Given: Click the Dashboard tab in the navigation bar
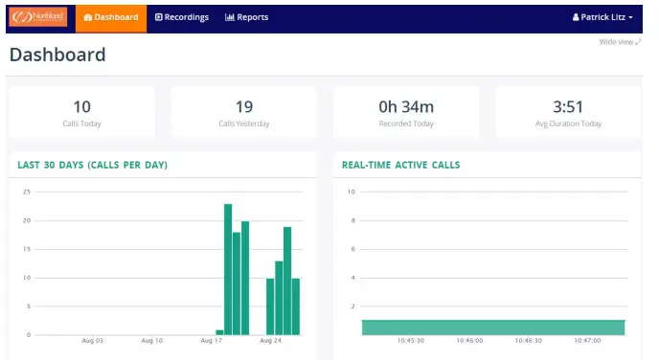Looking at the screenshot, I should click(110, 17).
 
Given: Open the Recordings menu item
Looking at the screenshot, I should click(182, 17).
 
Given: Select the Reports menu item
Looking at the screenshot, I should click(246, 17).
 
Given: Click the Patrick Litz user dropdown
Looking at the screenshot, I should click(602, 17).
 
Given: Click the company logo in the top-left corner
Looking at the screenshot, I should click(39, 17).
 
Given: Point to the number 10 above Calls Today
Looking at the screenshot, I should click(81, 106).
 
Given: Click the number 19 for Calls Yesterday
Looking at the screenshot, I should click(244, 106).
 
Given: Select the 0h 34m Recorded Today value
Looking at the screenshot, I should click(406, 106).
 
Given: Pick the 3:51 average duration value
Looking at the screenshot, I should click(568, 106).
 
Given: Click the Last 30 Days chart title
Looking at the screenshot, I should click(92, 165).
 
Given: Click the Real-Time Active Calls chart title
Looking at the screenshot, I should click(400, 165).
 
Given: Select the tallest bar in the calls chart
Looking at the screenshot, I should click(228, 269).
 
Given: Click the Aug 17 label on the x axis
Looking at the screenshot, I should click(212, 340).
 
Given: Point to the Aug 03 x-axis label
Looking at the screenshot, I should click(92, 340).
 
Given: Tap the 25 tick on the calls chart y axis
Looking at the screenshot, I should click(27, 191).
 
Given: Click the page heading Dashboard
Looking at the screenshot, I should click(57, 56).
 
